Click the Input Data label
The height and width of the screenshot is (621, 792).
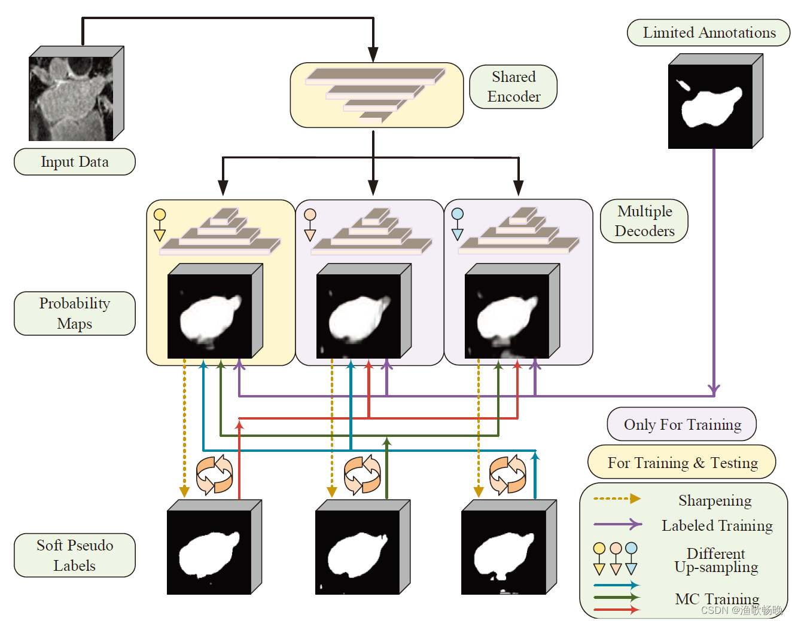[75, 162]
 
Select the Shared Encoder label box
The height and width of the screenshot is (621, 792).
[513, 87]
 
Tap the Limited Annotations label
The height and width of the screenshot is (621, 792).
[709, 33]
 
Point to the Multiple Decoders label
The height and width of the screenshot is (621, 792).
[644, 221]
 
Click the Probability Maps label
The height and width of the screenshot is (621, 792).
[75, 313]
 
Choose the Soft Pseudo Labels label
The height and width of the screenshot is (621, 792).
[75, 555]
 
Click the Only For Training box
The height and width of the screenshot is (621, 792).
[682, 424]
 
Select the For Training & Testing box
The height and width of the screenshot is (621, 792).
[682, 463]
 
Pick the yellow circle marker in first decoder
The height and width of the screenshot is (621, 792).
[160, 215]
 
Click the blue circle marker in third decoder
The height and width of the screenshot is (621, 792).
[458, 214]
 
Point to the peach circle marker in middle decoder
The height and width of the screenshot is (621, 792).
[310, 215]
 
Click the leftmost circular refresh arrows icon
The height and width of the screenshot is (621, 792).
[214, 475]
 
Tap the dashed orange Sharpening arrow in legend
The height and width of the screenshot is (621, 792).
[617, 498]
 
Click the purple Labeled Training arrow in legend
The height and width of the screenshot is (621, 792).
[617, 525]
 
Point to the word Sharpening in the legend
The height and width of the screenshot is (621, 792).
[715, 500]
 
